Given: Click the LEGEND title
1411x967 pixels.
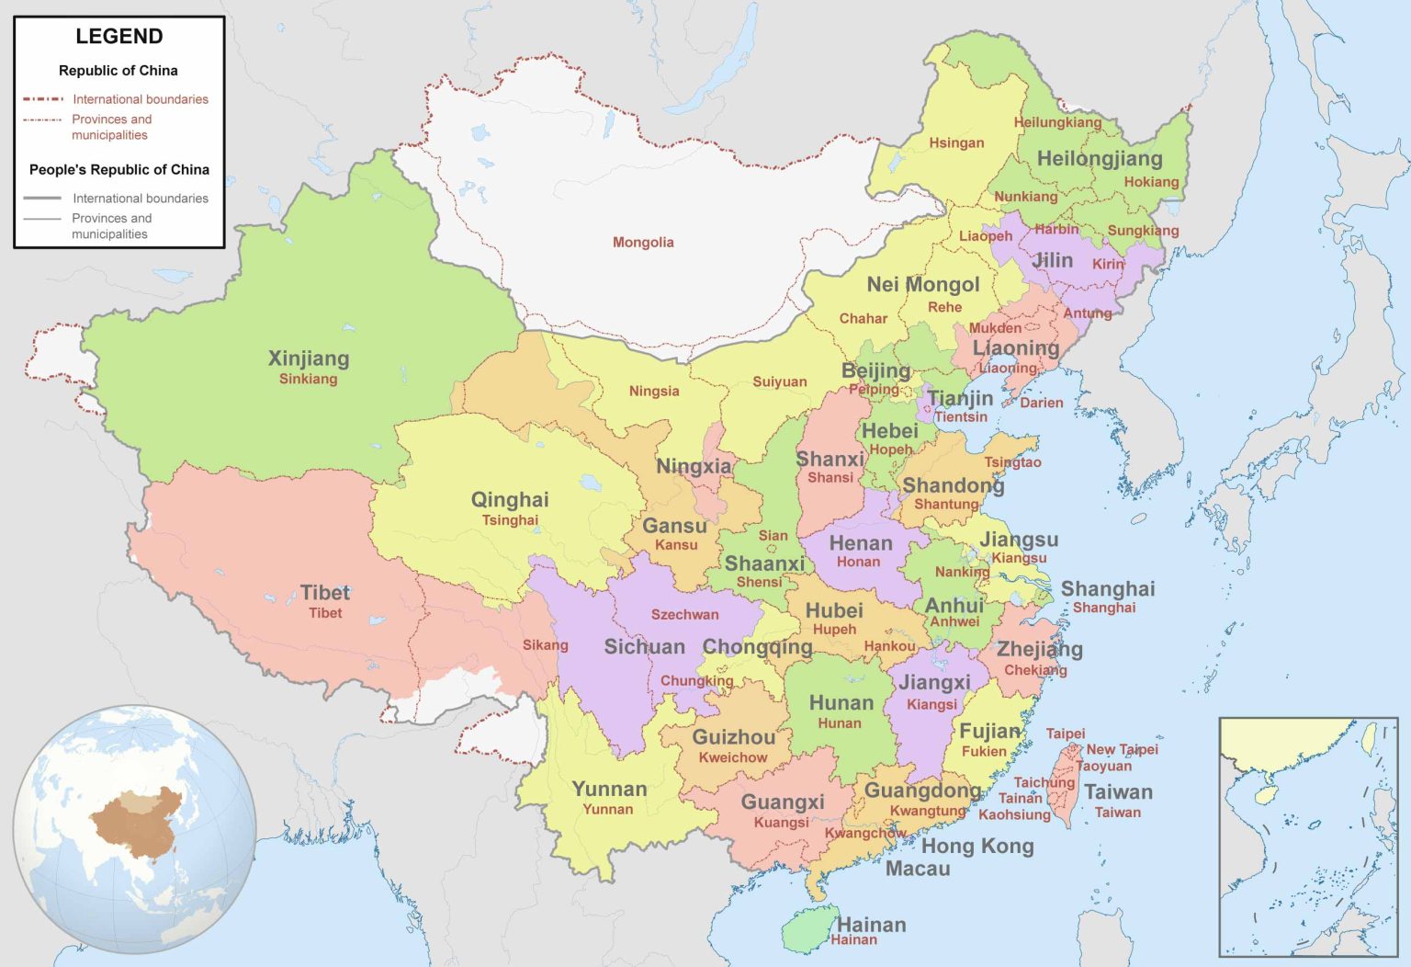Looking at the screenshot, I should tap(119, 37).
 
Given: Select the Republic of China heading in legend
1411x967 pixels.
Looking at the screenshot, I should tap(119, 71).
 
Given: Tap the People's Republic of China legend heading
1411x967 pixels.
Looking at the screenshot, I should tap(119, 170).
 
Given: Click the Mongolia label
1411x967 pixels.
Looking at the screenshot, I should tap(643, 243).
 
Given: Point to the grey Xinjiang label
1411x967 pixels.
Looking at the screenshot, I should tap(309, 358).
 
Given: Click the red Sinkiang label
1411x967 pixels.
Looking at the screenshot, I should tap(309, 380).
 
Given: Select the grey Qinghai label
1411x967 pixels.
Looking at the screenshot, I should tap(510, 500).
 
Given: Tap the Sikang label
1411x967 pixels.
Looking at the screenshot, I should tap(546, 645).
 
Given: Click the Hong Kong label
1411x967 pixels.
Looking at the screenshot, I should tap(977, 847).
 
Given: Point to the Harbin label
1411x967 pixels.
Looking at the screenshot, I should tap(1056, 230).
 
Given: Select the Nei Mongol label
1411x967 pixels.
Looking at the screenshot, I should tap(923, 285).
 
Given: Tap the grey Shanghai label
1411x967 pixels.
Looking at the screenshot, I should tap(1108, 589).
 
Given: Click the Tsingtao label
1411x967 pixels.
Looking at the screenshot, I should tap(1013, 462).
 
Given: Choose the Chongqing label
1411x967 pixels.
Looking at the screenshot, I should tap(758, 647).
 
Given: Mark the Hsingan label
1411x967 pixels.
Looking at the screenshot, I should tap(956, 143).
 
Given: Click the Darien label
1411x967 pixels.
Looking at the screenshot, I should tap(1042, 403).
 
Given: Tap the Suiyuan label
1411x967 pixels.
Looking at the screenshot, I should tap(780, 382).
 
